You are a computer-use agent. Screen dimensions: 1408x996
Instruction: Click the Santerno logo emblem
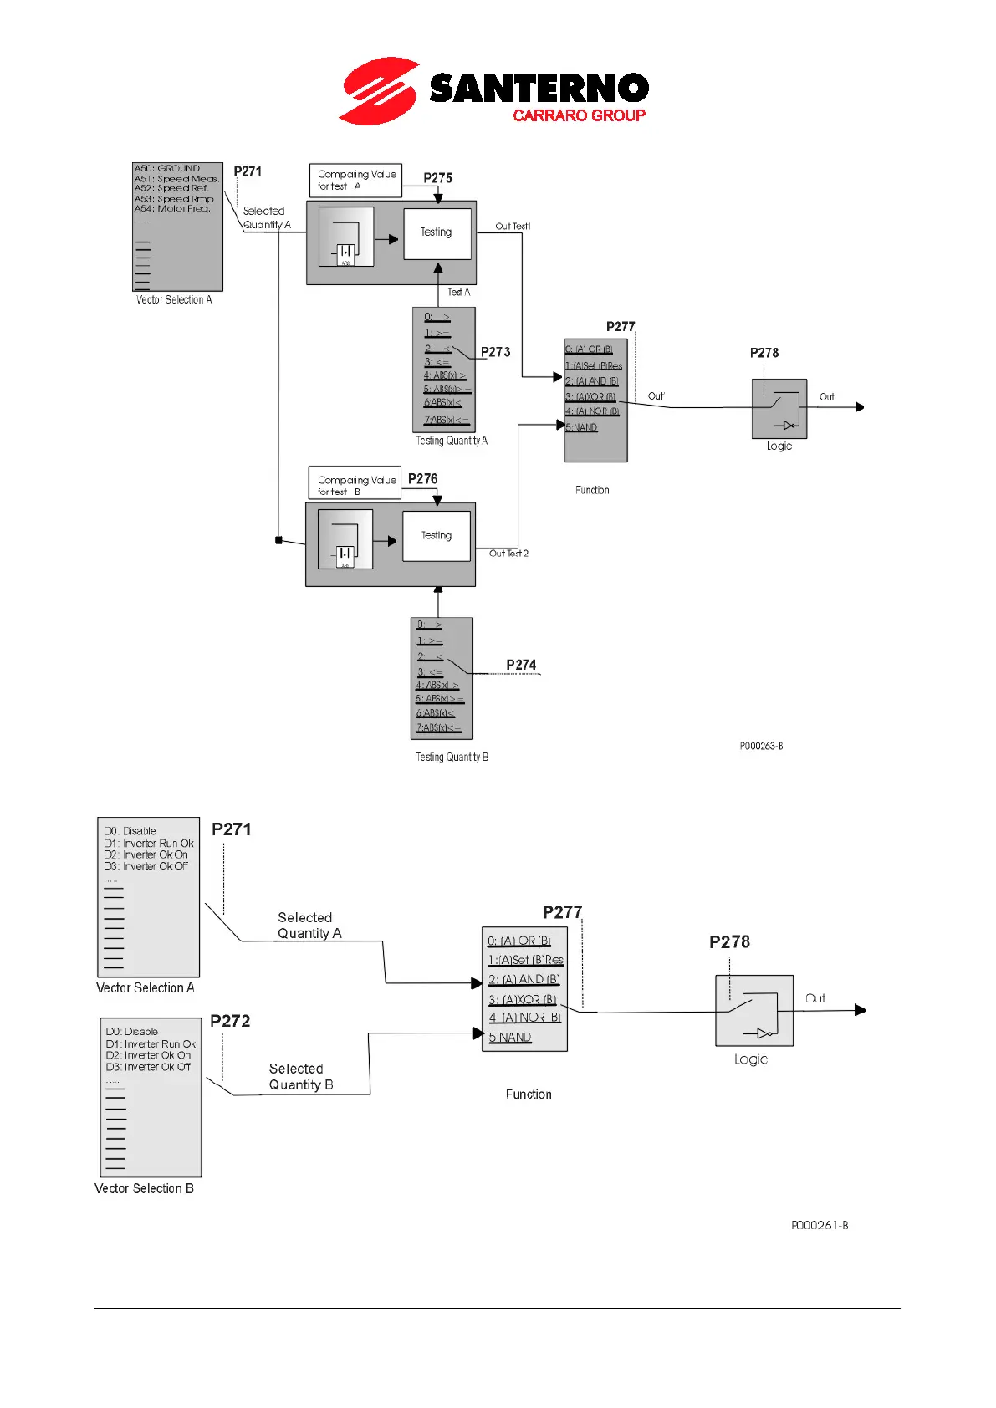379,90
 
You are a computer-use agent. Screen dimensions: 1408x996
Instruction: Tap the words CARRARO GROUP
579,115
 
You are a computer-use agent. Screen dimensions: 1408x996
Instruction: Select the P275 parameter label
437,178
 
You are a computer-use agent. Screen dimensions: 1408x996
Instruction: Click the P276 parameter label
422,479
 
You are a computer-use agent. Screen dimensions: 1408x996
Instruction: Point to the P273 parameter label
495,352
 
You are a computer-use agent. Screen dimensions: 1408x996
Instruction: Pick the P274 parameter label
521,665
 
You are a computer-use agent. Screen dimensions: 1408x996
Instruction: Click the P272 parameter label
230,1021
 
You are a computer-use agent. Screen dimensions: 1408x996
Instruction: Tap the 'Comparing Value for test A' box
355,181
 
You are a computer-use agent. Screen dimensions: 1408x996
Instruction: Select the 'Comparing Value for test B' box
355,485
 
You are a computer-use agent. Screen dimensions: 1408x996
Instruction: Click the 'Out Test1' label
513,227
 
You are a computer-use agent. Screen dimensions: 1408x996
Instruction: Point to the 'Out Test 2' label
508,554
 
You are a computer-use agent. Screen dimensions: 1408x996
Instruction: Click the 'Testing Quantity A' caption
452,441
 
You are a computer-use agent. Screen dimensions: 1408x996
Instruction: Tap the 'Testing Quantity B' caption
452,757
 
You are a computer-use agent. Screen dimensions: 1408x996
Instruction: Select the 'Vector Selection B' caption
144,1188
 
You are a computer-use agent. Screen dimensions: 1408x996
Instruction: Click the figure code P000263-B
761,746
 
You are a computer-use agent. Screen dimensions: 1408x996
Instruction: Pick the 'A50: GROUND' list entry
167,169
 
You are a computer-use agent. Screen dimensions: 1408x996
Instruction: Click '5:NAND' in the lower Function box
510,1038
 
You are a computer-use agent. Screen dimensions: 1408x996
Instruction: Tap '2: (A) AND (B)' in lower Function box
524,979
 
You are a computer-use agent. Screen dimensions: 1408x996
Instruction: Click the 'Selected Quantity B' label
301,1077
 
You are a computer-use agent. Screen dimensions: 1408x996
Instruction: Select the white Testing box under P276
436,536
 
